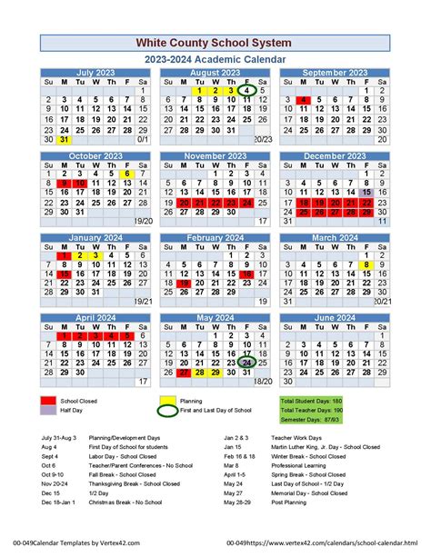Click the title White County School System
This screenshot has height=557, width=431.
tap(215, 43)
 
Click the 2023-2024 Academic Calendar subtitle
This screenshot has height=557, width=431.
tap(215, 59)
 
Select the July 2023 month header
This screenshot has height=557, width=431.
tap(95, 73)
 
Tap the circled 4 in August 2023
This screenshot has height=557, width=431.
tap(246, 91)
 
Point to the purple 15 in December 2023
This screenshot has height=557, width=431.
tap(366, 193)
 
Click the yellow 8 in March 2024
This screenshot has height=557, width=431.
tap(366, 264)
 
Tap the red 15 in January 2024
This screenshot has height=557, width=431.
tap(64, 274)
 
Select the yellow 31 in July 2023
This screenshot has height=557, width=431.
tap(64, 140)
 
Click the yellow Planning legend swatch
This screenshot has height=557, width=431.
tap(168, 400)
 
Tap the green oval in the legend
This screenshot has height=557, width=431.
tap(168, 411)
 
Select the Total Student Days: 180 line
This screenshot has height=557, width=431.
tap(311, 401)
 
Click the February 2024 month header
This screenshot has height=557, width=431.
tap(215, 237)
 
